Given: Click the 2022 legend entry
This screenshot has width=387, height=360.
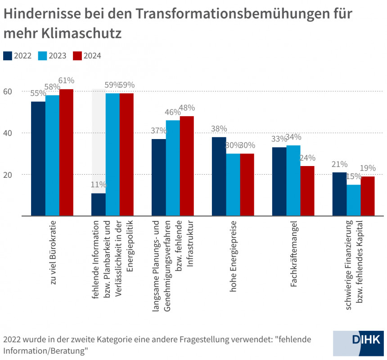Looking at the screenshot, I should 18,56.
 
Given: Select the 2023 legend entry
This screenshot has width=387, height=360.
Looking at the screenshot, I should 52,56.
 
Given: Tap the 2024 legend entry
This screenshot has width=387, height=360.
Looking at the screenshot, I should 87,56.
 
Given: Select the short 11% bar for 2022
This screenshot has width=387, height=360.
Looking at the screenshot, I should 98,205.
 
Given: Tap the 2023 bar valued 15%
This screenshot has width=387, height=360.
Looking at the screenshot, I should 353,200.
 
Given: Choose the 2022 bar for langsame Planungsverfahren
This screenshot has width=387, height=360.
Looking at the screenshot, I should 158,177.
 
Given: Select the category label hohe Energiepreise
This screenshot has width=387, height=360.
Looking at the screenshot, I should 233,256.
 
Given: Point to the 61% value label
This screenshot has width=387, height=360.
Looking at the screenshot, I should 66,81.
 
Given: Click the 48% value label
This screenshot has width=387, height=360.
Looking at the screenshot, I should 187,108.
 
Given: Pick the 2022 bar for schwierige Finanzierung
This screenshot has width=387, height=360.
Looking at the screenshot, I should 339,194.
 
